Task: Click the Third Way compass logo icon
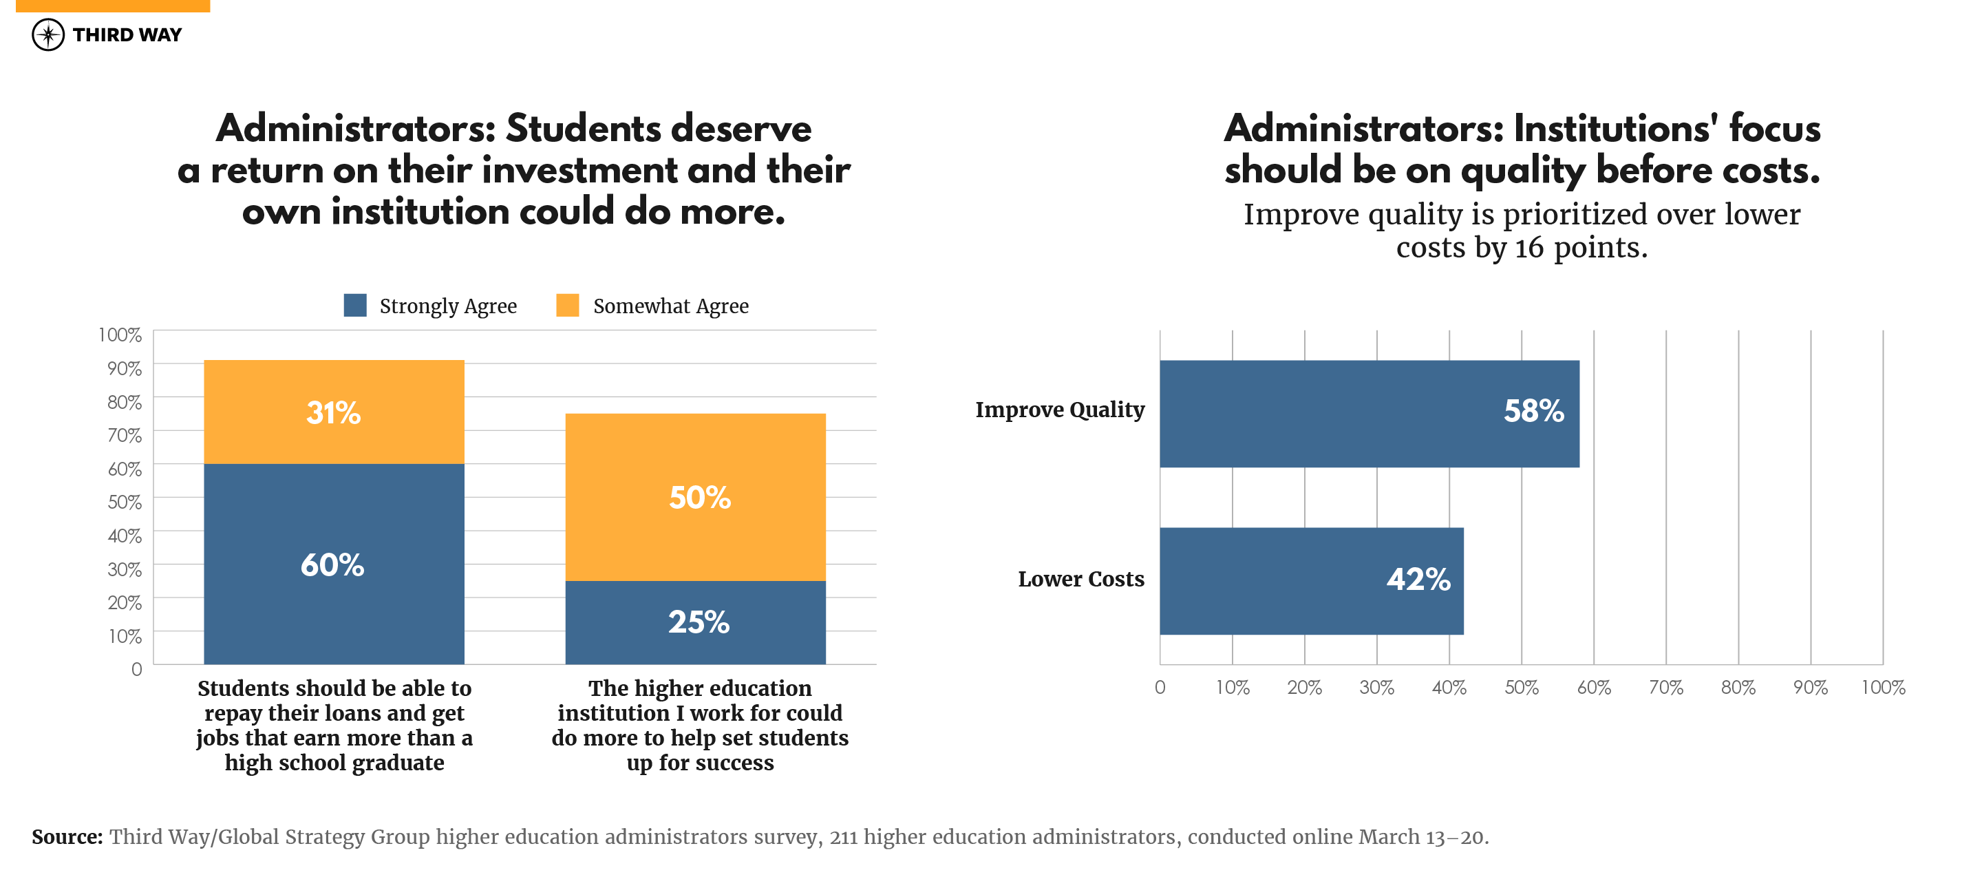pos(47,34)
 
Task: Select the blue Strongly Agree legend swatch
pos(354,306)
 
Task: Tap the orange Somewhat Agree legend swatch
pos(567,306)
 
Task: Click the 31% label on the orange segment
pos(333,413)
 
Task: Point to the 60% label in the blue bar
pos(332,565)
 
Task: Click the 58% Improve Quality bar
pos(1370,414)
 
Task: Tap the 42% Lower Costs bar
pos(1311,581)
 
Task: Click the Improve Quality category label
pos(1060,410)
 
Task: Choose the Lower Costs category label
pos(1080,580)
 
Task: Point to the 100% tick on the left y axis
pos(120,335)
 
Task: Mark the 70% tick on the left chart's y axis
pos(124,436)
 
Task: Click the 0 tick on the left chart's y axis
pos(136,669)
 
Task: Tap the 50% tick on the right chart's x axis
pos(1521,688)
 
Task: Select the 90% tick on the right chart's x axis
pos(1810,688)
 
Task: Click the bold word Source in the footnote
pos(67,837)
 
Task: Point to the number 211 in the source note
pos(843,837)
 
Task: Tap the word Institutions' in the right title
pos(1615,129)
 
